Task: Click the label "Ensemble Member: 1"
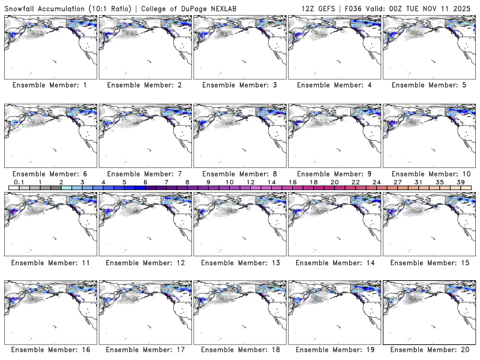pos(49,85)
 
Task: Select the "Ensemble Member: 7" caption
pos(144,174)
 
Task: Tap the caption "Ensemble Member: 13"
pos(239,262)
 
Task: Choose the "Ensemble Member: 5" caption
pos(428,85)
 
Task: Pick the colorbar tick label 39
pos(460,182)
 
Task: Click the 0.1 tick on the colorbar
pos(19,182)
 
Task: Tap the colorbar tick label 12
pos(250,182)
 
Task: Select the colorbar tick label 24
pos(376,182)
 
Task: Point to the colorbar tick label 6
pos(145,182)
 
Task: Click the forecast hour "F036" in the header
pos(355,7)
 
